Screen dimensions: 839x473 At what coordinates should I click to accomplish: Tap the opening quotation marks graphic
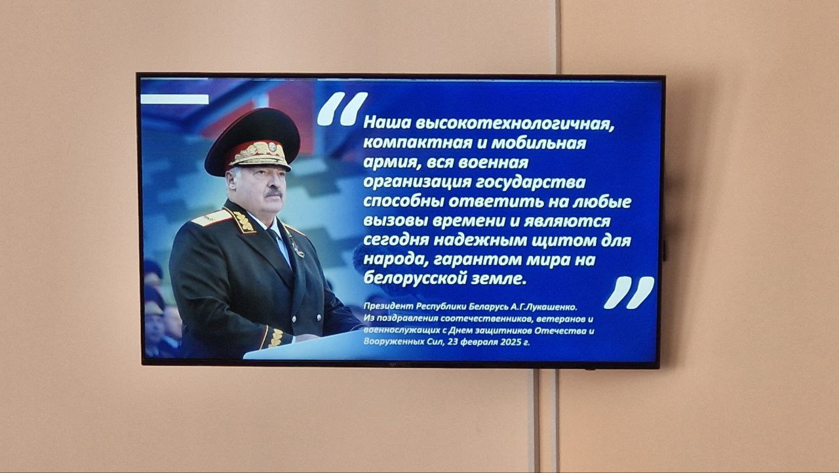pyautogui.click(x=342, y=109)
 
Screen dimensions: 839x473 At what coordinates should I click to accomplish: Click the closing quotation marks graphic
pyautogui.click(x=629, y=293)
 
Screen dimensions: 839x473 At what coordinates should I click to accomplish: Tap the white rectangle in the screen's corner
pyautogui.click(x=174, y=99)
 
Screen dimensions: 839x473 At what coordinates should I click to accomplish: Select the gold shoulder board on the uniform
pyautogui.click(x=212, y=218)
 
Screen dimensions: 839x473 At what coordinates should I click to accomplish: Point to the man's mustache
pyautogui.click(x=273, y=193)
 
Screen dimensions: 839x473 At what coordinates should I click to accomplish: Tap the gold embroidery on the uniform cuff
pyautogui.click(x=276, y=338)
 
